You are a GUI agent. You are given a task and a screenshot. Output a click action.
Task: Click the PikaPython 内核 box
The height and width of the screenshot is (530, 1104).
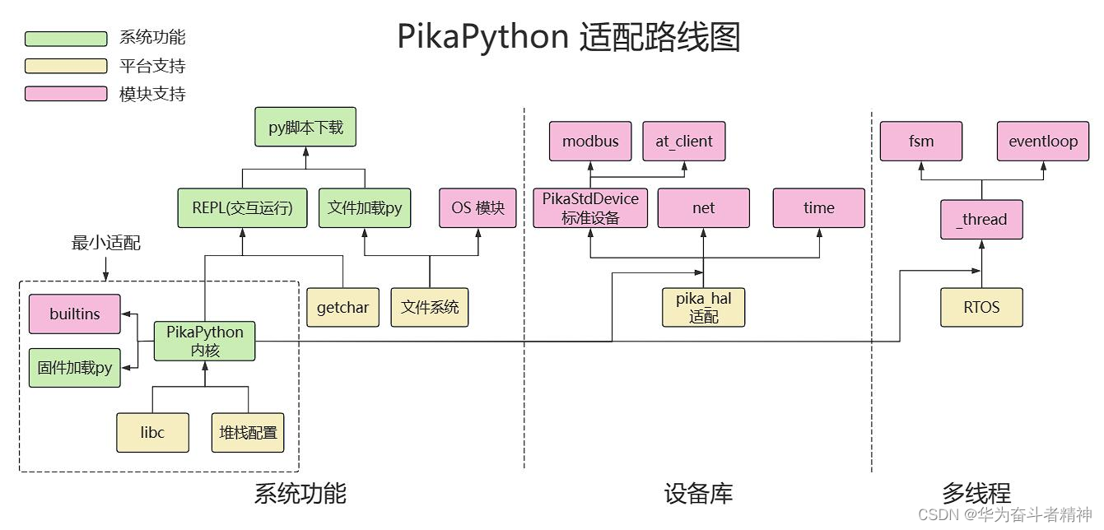205,341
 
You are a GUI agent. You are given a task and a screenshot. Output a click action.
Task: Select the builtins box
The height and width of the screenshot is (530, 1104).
75,314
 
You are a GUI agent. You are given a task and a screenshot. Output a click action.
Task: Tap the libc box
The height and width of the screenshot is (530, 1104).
153,432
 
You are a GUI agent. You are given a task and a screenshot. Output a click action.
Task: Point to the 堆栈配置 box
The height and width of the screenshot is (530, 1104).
248,432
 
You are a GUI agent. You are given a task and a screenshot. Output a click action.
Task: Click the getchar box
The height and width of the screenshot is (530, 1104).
342,308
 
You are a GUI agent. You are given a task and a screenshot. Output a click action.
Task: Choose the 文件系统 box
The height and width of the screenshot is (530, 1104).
429,308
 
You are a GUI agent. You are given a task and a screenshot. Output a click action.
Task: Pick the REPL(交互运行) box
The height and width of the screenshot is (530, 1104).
243,208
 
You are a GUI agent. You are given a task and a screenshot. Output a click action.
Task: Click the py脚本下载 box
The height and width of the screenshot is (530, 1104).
305,128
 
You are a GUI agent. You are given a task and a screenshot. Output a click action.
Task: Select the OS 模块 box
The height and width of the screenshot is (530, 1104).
477,208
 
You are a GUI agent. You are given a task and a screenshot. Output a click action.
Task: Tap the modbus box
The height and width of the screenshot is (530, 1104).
590,141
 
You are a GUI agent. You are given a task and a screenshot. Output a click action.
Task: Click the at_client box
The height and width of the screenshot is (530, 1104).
684,141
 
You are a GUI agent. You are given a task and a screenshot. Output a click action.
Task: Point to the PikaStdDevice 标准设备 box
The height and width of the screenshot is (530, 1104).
590,208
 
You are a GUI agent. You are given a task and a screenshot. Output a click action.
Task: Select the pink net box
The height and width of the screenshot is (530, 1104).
703,208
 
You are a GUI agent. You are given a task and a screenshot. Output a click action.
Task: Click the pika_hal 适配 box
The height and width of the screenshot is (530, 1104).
703,308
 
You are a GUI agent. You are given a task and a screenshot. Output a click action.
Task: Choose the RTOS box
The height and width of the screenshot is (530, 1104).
981,308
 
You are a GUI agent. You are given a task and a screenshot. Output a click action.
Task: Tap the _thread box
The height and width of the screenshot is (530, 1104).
981,220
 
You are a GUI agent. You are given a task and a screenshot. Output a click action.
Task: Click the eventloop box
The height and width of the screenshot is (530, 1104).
1043,141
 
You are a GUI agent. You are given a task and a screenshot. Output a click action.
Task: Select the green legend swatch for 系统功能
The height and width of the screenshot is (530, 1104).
66,39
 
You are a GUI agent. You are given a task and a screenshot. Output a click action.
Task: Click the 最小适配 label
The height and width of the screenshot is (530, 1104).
106,243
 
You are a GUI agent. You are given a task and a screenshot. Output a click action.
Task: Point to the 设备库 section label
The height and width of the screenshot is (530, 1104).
698,494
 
